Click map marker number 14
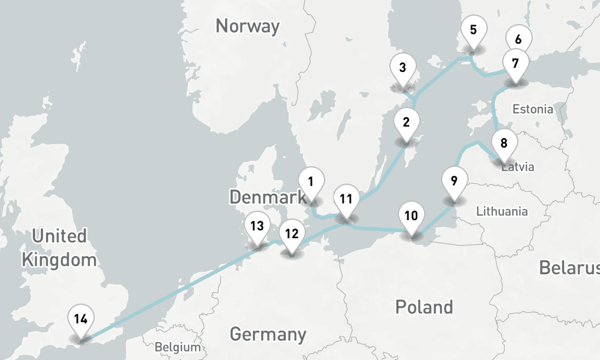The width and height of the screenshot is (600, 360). (x=81, y=319)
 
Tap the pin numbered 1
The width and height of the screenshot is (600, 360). (x=311, y=181)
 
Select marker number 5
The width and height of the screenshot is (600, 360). (x=473, y=29)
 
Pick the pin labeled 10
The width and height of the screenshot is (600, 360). (x=411, y=216)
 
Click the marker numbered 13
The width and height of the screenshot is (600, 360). (x=257, y=226)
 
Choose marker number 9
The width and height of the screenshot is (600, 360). (x=454, y=181)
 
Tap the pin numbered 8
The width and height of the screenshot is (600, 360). (x=503, y=143)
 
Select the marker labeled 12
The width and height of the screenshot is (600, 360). (x=292, y=234)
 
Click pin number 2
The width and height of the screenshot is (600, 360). (x=406, y=122)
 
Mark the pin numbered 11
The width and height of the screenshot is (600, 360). (x=346, y=199)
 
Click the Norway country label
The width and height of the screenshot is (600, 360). (x=247, y=26)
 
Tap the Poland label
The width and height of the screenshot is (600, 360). (x=424, y=307)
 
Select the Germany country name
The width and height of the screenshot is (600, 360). (x=268, y=334)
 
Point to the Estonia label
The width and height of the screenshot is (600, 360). (x=533, y=109)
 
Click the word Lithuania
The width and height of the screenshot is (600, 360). (x=502, y=211)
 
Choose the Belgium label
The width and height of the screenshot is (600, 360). (x=177, y=347)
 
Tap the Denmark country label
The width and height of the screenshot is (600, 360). (x=268, y=196)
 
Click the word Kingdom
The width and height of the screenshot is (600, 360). (x=59, y=260)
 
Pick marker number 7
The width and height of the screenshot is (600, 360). (x=515, y=62)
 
